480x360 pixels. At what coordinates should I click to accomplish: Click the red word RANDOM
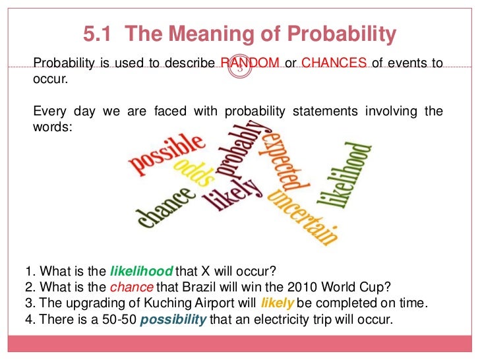click(250, 64)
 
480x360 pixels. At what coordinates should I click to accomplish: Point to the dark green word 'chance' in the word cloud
click(166, 205)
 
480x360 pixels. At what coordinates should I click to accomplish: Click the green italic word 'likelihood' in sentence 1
click(141, 271)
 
